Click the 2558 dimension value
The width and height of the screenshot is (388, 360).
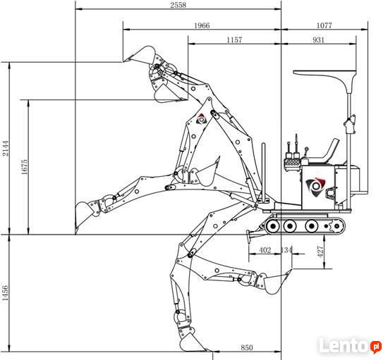(178, 5)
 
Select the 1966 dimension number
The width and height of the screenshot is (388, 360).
(202, 25)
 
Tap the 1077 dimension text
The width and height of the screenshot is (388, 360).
(324, 25)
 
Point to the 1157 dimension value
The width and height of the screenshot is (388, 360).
(234, 39)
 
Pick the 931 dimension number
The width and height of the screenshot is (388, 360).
(318, 39)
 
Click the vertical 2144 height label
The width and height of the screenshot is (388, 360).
(5, 148)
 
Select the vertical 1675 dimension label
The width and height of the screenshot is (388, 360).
(24, 167)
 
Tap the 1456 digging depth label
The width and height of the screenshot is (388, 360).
(5, 293)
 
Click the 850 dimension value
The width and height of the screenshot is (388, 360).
(247, 347)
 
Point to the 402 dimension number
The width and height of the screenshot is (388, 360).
(265, 250)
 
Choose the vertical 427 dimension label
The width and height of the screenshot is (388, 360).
(320, 252)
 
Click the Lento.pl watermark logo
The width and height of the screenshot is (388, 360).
(350, 345)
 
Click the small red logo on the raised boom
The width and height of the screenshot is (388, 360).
(202, 119)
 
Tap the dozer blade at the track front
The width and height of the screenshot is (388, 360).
(250, 235)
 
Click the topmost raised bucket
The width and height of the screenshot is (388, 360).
(142, 55)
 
